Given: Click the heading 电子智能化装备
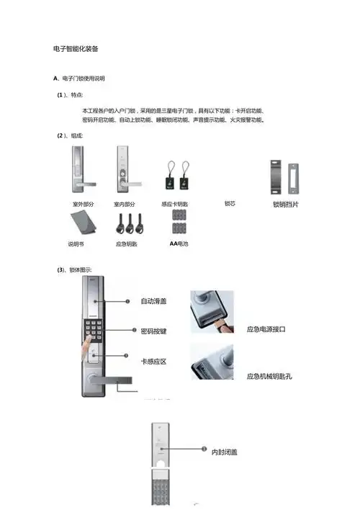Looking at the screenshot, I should click(76, 49).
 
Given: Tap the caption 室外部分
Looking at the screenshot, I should click(84, 205).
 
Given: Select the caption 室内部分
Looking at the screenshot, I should click(125, 205).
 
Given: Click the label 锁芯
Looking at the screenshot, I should click(230, 203).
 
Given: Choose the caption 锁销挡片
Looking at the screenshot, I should click(286, 205).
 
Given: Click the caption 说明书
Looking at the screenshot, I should click(76, 244).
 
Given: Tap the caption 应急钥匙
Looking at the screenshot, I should click(126, 244).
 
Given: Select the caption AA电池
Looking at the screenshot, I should click(179, 243).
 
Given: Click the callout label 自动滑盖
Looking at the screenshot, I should click(153, 300).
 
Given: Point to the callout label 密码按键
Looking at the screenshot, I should click(153, 331).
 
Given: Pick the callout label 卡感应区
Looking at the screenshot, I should click(153, 360).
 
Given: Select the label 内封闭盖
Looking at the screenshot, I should click(225, 452).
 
